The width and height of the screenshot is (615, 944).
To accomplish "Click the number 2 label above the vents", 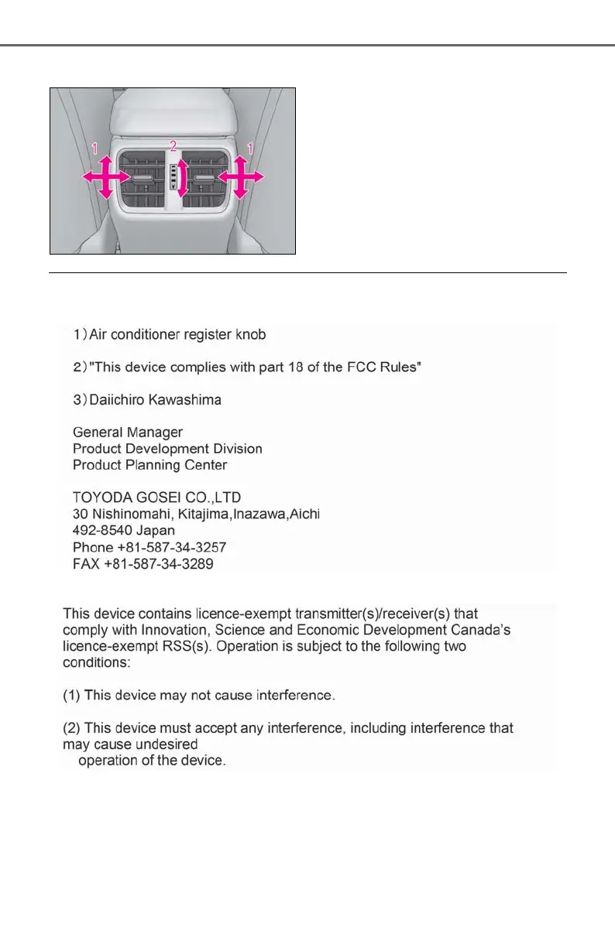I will (174, 145).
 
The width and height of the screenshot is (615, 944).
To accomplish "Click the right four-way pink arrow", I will (240, 177).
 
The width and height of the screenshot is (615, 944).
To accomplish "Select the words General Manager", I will (128, 432).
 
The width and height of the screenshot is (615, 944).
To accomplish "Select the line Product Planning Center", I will (149, 465).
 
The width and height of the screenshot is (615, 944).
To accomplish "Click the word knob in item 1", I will (252, 335).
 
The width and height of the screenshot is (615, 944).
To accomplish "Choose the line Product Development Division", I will (167, 449).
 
